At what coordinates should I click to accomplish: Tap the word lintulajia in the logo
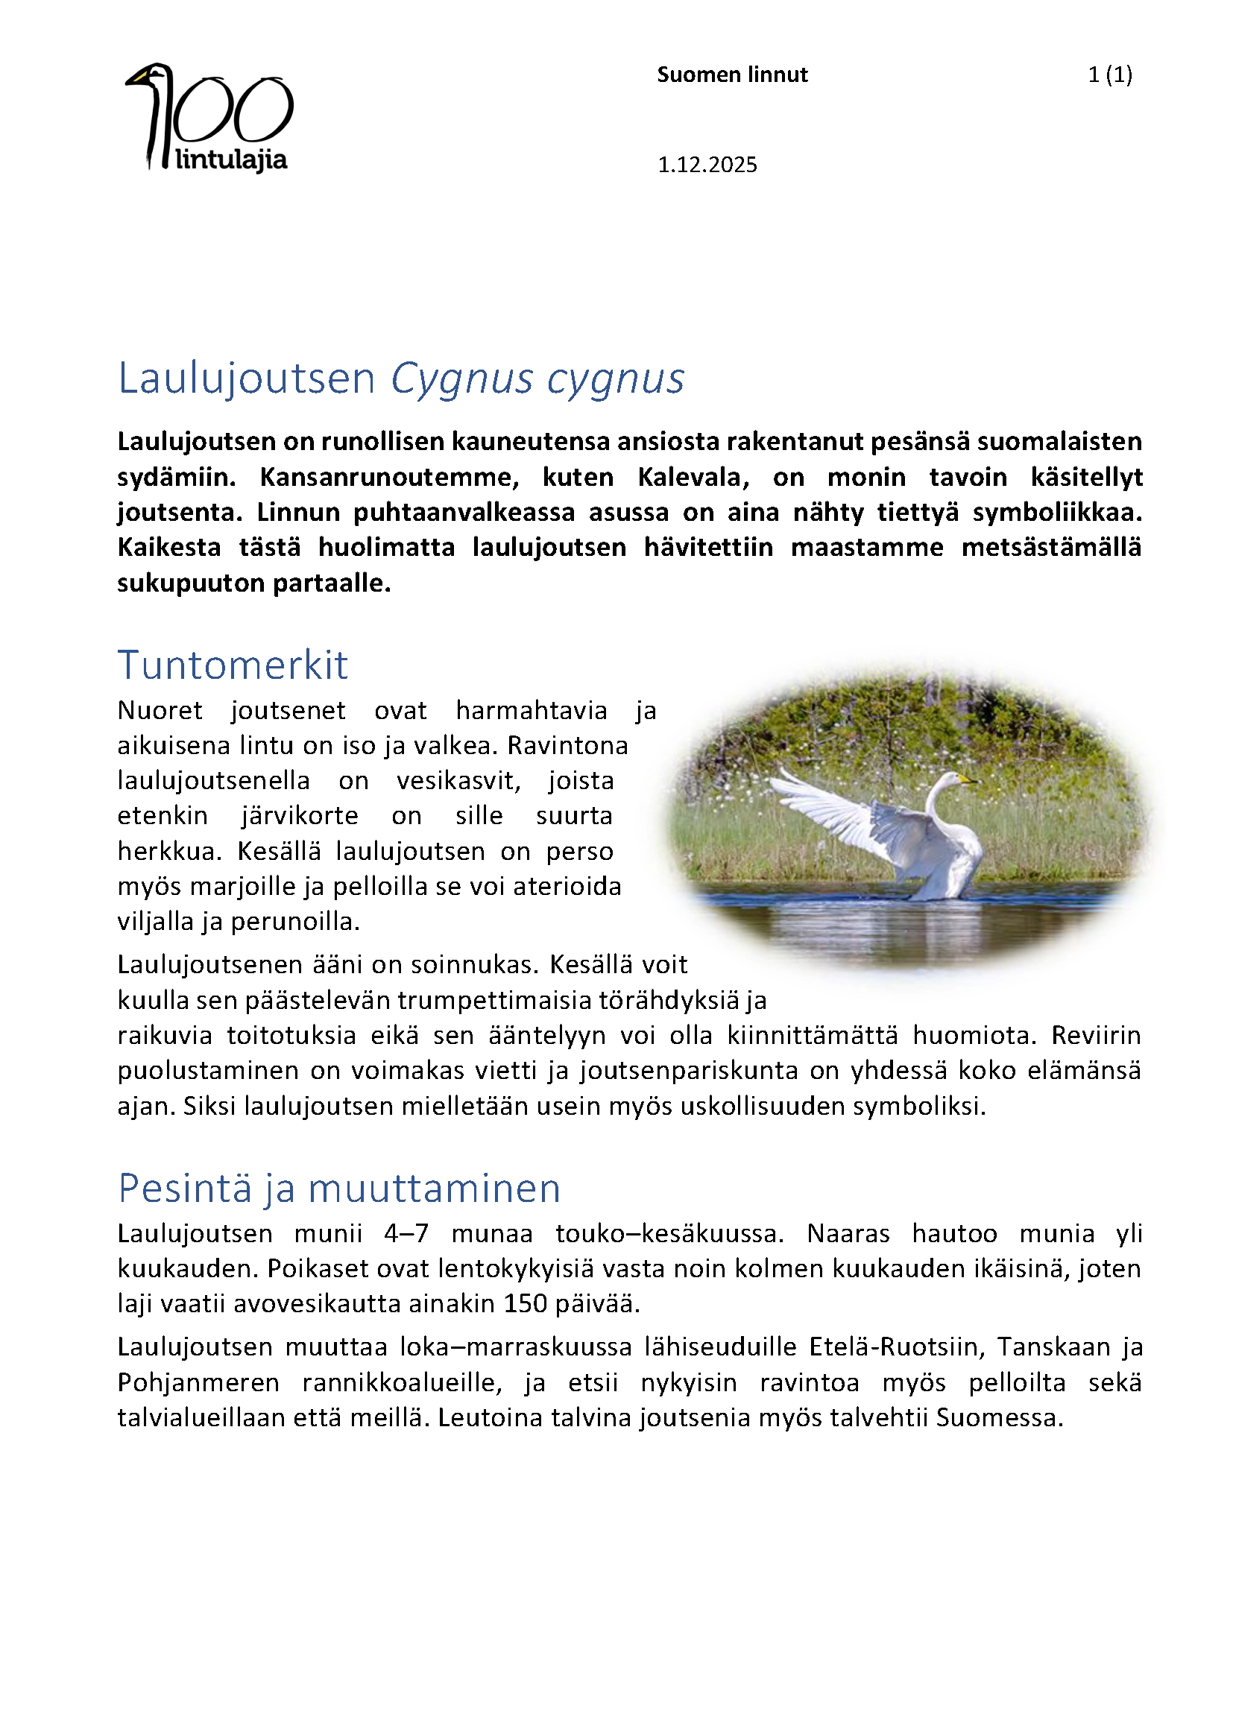click(231, 160)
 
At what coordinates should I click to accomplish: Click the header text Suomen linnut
click(732, 75)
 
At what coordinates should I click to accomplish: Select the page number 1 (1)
click(1109, 75)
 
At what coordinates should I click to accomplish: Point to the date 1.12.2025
click(707, 165)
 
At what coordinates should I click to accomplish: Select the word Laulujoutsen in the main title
click(247, 379)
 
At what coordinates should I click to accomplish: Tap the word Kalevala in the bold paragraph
click(693, 477)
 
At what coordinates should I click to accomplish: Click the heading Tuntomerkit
click(233, 665)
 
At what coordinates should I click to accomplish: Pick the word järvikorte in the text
click(300, 815)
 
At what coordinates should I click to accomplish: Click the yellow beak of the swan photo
click(967, 778)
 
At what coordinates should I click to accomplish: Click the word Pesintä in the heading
click(184, 1189)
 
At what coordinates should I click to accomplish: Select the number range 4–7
click(406, 1233)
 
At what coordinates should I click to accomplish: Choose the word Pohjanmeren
click(198, 1382)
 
